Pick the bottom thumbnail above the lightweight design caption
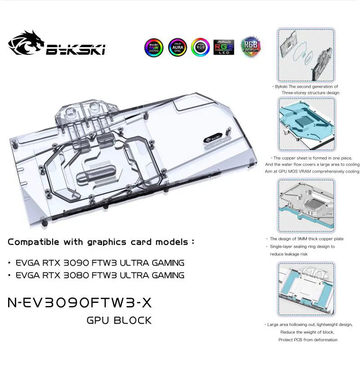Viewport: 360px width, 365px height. click(306, 290)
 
